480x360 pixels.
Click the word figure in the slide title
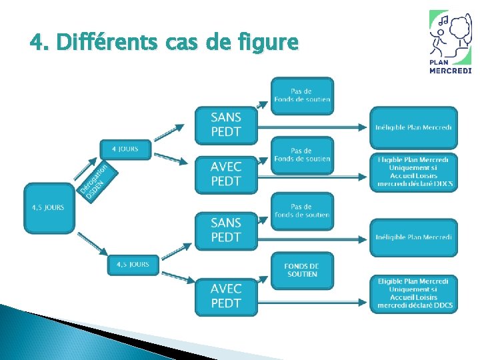[267, 43]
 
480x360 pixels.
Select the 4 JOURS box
[125, 149]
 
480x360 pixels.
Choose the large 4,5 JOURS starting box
[48, 208]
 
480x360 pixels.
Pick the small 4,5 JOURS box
[133, 265]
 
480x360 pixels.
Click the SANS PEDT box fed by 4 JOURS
[225, 125]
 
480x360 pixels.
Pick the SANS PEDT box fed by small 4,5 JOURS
[225, 230]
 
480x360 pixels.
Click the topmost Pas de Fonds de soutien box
[301, 95]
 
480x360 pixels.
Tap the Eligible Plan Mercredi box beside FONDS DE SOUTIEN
[414, 293]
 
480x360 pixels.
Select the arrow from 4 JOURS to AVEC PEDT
[171, 159]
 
